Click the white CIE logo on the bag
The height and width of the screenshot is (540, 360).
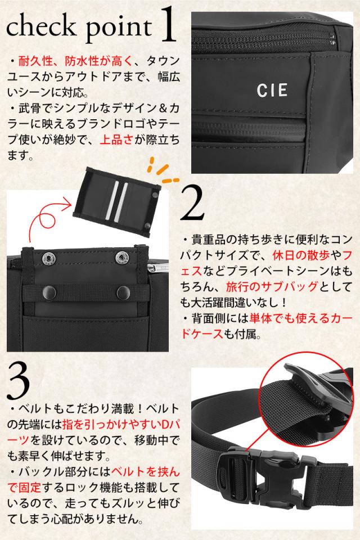tap(272, 90)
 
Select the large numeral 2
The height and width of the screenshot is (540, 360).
tap(192, 204)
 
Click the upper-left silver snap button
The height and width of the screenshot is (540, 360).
tap(49, 258)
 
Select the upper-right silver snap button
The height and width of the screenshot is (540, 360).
tap(121, 257)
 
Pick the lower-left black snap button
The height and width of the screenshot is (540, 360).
tap(49, 293)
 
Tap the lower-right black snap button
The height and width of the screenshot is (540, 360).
tap(123, 292)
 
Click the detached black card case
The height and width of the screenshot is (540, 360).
tap(118, 201)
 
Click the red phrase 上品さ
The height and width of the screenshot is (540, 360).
tap(116, 140)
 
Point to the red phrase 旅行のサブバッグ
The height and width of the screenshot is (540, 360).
tap(272, 287)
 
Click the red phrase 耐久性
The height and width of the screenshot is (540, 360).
tap(35, 61)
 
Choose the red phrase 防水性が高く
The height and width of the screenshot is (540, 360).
tap(98, 61)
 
